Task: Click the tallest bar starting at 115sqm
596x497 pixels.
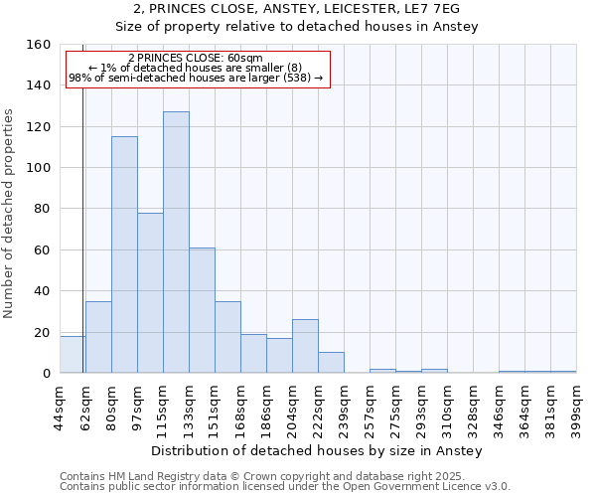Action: tap(176, 243)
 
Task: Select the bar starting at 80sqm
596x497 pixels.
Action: tap(124, 254)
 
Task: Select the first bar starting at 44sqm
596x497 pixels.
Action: tap(73, 355)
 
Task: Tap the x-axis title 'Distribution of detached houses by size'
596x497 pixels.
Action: tap(317, 450)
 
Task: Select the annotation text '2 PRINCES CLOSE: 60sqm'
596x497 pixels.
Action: tap(197, 58)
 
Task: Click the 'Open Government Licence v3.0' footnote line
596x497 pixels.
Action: tap(285, 487)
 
